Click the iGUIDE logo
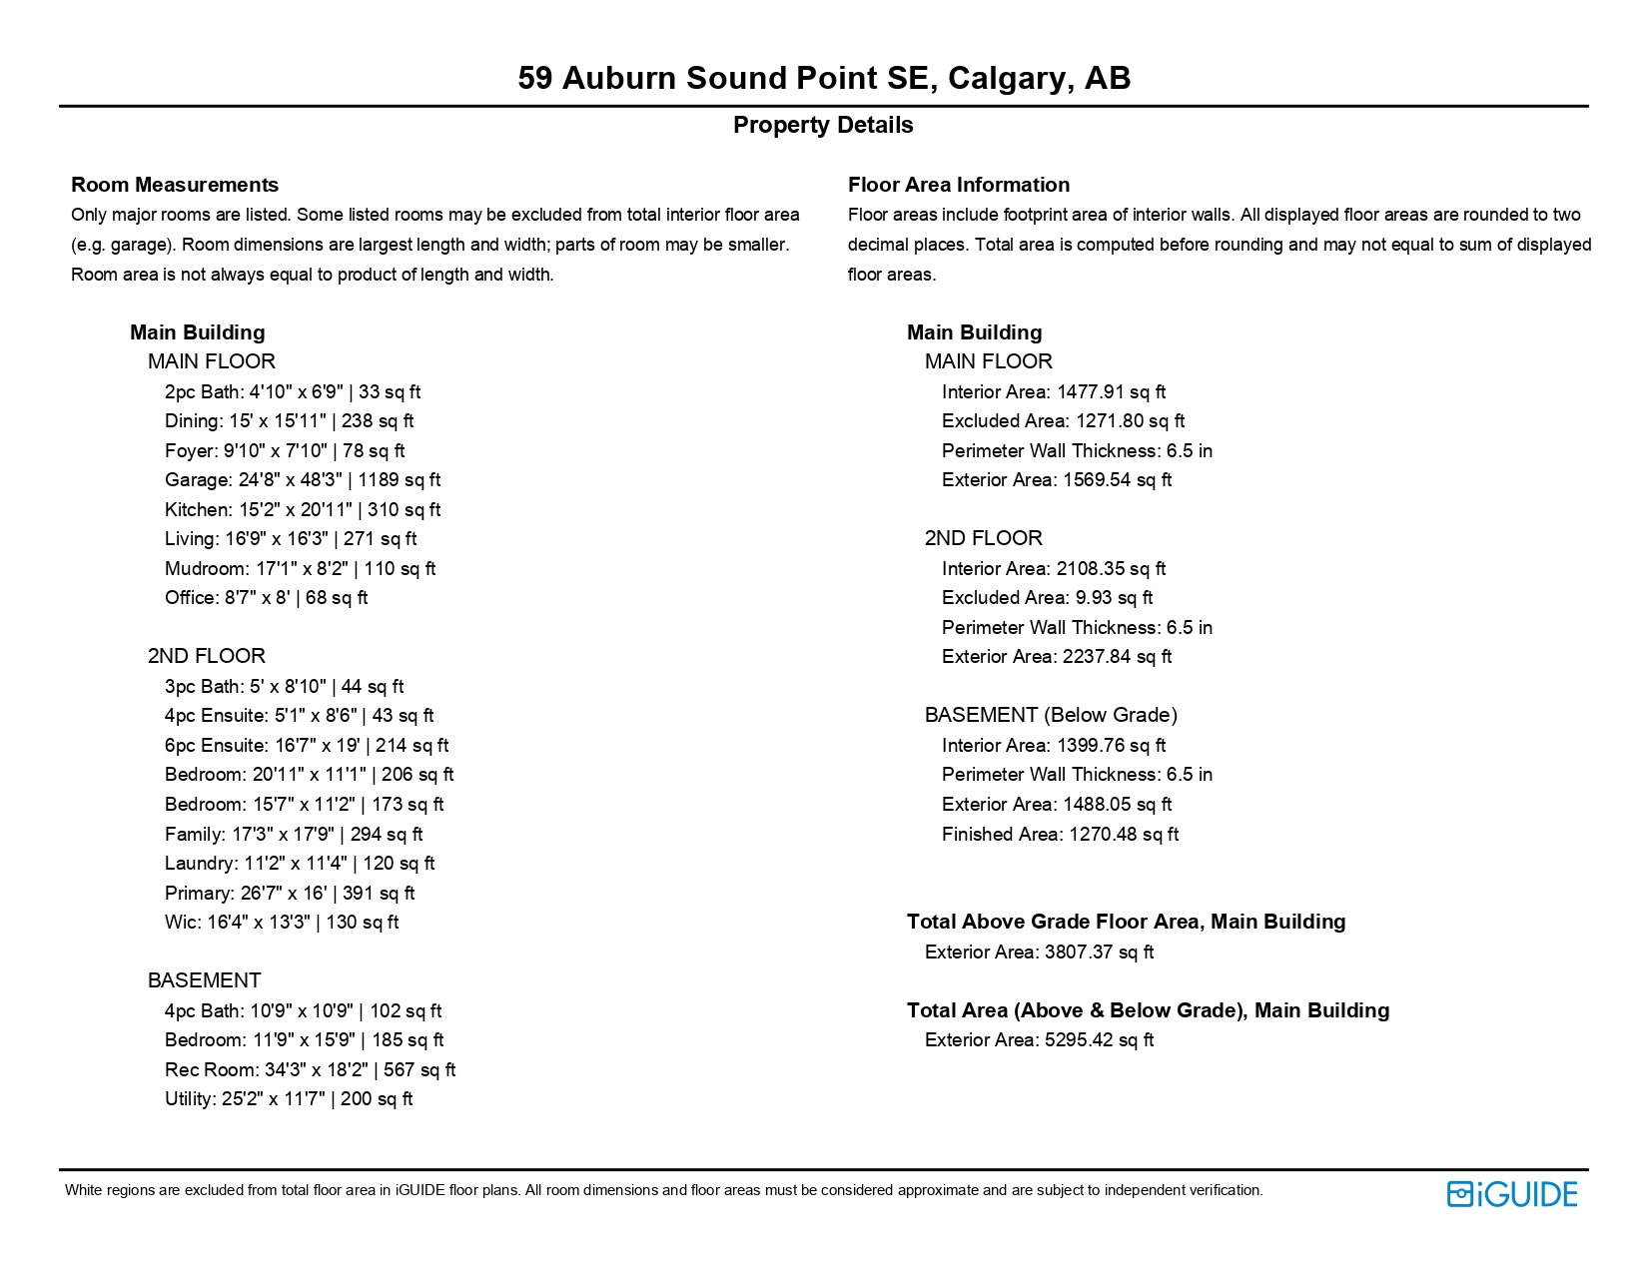coord(1511,1194)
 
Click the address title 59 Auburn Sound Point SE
coord(823,78)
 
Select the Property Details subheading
coord(823,125)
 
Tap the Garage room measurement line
coord(303,480)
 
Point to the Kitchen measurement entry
coord(303,509)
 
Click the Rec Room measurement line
coord(310,1069)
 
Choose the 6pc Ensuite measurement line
coord(307,745)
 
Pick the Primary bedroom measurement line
coord(290,893)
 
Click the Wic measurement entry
coord(282,922)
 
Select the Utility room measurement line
coord(289,1098)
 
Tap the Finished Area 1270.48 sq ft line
coord(1060,834)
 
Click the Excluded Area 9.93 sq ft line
coord(1047,597)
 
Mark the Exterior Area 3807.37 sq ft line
coord(1039,952)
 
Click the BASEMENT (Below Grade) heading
coord(1051,715)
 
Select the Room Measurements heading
coord(175,185)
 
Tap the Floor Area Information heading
coord(958,185)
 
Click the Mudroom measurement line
coord(300,568)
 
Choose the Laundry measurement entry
coord(300,863)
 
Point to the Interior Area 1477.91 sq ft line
coord(1054,391)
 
